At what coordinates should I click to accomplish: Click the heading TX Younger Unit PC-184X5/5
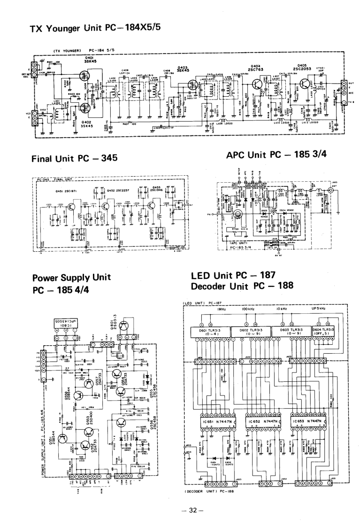(x=95, y=27)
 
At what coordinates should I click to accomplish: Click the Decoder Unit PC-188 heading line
(x=242, y=285)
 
